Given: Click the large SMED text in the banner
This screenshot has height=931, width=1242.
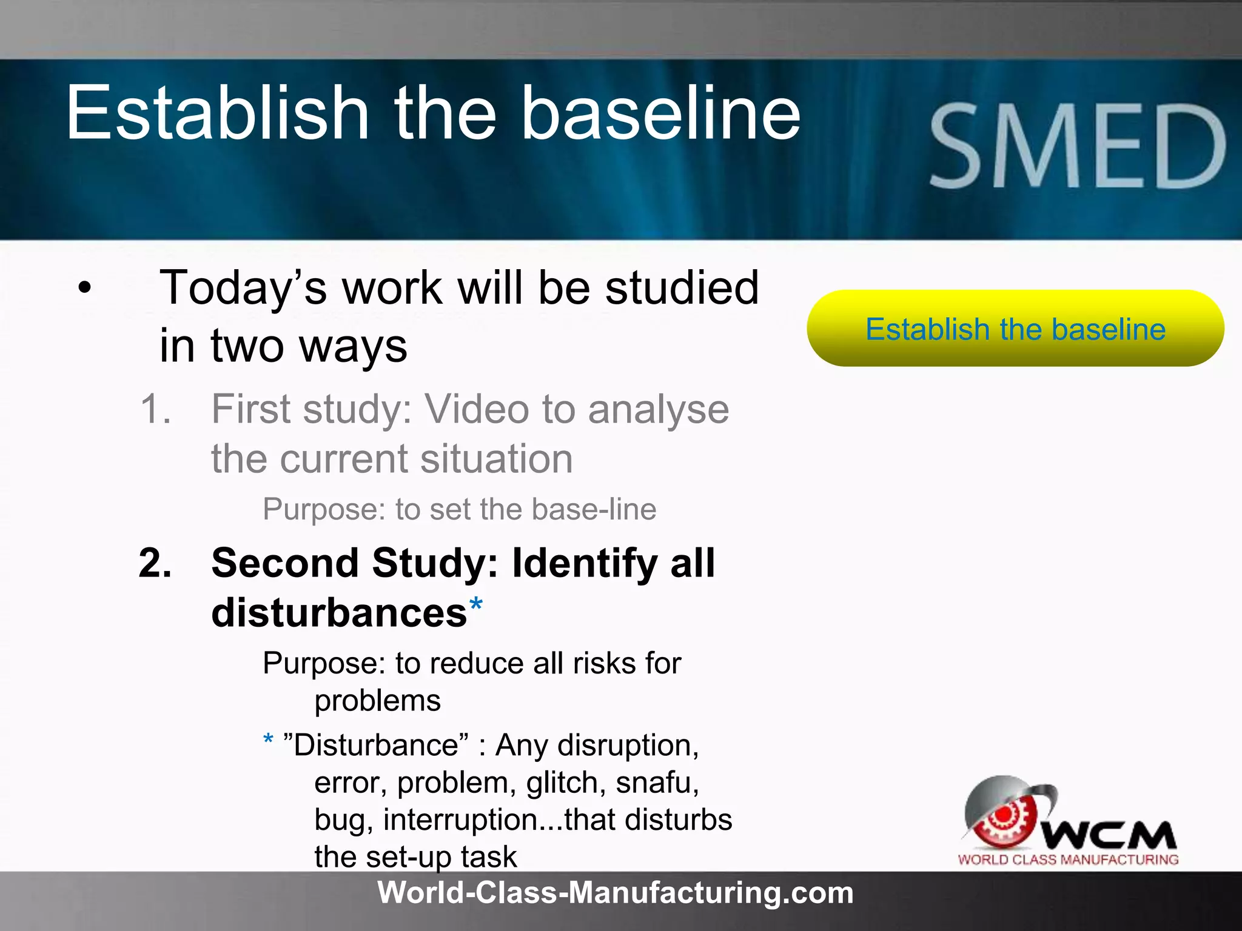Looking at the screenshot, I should pyautogui.click(x=1078, y=147).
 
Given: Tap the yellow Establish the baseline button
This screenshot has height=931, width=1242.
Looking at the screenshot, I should pyautogui.click(x=1015, y=329).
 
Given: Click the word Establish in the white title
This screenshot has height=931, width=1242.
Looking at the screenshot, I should pyautogui.click(x=217, y=113).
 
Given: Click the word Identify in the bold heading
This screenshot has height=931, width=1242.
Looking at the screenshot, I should pyautogui.click(x=585, y=563).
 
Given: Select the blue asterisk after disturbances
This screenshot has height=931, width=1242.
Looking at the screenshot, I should pyautogui.click(x=476, y=604).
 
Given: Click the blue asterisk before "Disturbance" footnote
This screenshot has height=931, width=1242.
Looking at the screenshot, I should pyautogui.click(x=268, y=740).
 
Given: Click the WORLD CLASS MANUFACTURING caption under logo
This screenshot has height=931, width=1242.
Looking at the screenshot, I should pyautogui.click(x=1068, y=859).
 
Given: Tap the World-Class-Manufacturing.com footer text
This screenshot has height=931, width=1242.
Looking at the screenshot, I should pyautogui.click(x=615, y=893).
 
